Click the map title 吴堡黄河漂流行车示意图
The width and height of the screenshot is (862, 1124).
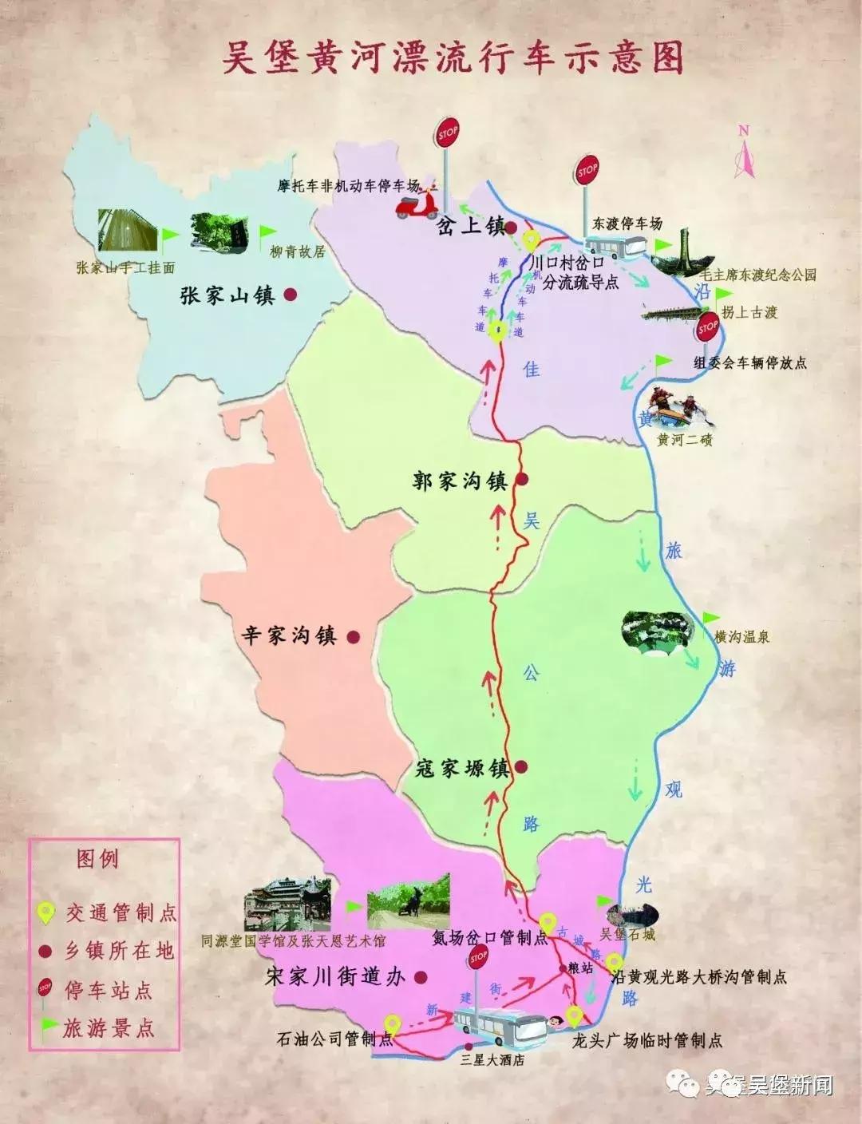(x=452, y=57)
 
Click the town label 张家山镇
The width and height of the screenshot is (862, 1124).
(x=227, y=295)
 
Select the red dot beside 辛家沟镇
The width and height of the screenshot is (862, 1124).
(x=353, y=637)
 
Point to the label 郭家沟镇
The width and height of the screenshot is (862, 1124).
(x=460, y=481)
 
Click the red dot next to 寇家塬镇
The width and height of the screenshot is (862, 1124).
(x=521, y=767)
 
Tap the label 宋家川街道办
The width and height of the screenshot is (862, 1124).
(x=335, y=976)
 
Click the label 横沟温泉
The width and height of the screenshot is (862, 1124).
(x=742, y=637)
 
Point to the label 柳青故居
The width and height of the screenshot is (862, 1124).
(x=298, y=252)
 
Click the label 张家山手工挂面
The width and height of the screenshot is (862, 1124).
(x=125, y=268)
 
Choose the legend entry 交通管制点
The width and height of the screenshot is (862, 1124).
(x=121, y=912)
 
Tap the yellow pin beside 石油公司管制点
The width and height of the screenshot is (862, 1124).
(x=392, y=1023)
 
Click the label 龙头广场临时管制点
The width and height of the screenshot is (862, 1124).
(x=647, y=1041)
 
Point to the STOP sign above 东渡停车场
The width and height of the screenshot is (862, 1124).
(x=587, y=172)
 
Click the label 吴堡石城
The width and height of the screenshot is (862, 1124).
(x=627, y=934)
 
